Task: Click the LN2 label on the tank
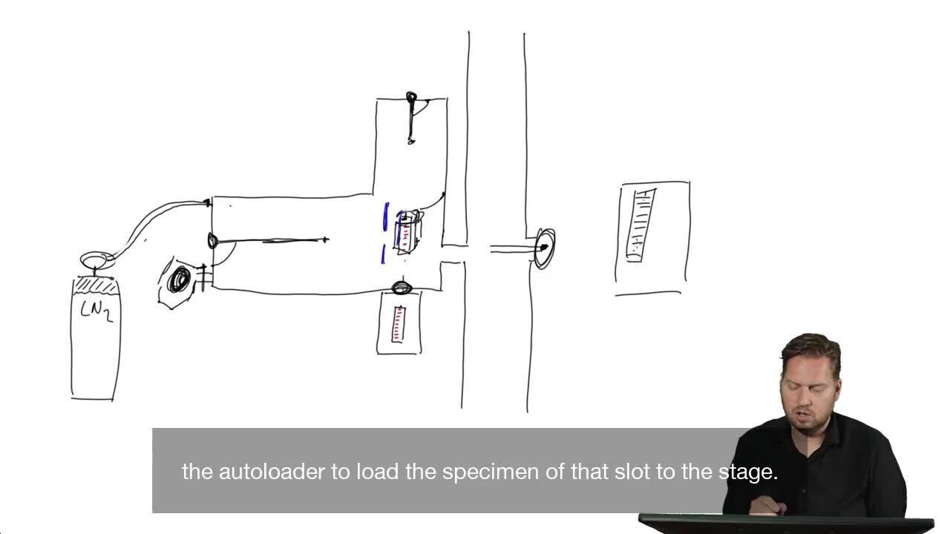[96, 312]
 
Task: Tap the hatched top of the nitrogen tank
[96, 286]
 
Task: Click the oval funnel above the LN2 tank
[97, 260]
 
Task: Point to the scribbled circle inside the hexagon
[179, 280]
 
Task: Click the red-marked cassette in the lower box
[399, 324]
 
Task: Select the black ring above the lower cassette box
[402, 288]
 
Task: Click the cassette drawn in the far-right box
[641, 225]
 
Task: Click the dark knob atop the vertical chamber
[411, 98]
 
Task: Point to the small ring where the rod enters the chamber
[212, 241]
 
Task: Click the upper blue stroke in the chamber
[385, 217]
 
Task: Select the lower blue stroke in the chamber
[384, 254]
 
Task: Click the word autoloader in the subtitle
[272, 472]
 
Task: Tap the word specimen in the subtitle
[491, 472]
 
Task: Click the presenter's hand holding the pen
[767, 506]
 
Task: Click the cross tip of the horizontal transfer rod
[325, 240]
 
